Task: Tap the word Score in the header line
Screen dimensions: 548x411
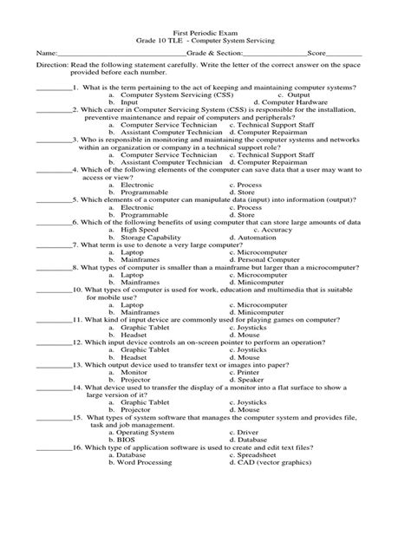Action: pos(308,53)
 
